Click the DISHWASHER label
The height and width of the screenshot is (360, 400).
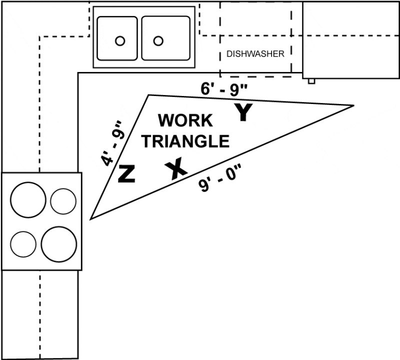click(255, 54)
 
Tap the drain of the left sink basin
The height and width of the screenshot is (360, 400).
click(119, 41)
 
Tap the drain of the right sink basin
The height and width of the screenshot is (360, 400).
click(158, 40)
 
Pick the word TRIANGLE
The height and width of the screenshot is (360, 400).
click(185, 141)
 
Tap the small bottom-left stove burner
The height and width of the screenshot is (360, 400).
click(23, 244)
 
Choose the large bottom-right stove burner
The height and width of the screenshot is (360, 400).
click(58, 243)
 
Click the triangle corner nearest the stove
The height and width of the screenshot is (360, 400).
click(90, 218)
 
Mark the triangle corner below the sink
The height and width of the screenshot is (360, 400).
click(148, 94)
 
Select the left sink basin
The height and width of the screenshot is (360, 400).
click(117, 38)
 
